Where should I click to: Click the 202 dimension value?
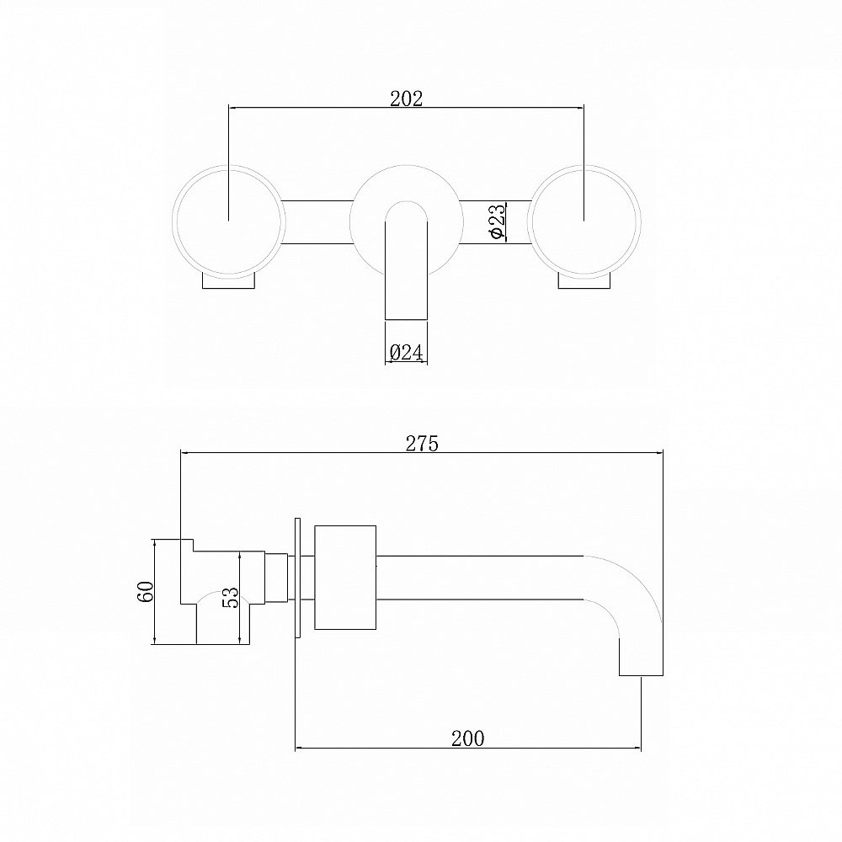pos(406,99)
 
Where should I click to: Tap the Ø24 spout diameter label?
pos(406,352)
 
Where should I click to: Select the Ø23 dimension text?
pos(497,221)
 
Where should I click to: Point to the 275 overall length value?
pos(422,444)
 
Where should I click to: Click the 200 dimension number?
pos(467,738)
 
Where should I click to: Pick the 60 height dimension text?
pos(146,591)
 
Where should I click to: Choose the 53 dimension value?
pos(230,597)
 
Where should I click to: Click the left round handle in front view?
pos(229,221)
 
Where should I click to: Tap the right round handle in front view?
pos(584,221)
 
